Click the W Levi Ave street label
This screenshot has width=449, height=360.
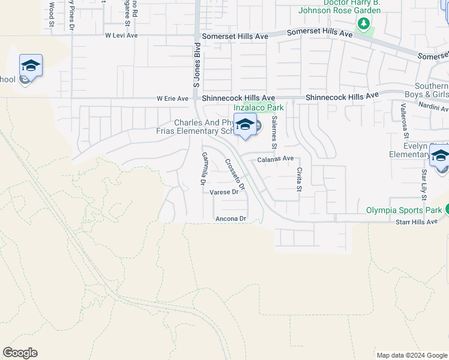click(121, 35)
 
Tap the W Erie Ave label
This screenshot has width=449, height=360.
click(172, 98)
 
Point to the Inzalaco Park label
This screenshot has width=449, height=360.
click(258, 107)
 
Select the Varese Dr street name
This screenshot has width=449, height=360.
click(224, 192)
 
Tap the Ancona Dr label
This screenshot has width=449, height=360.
click(231, 220)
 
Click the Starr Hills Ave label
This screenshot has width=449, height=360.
click(417, 222)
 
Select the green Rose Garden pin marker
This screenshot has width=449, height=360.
click(363, 24)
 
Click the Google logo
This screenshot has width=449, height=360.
click(20, 353)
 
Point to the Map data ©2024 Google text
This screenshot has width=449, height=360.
click(411, 355)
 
